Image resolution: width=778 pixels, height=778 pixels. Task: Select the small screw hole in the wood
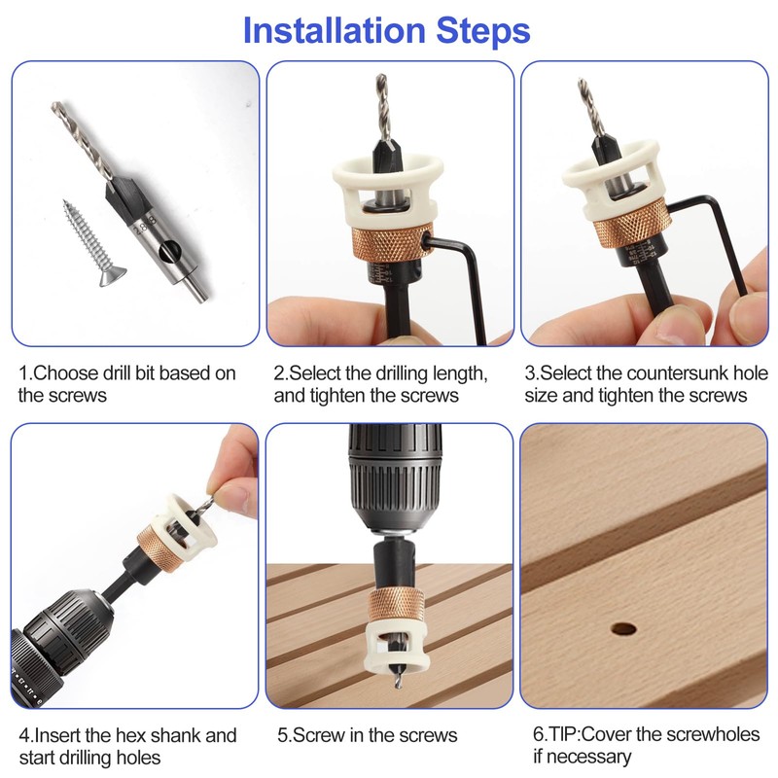coord(624,628)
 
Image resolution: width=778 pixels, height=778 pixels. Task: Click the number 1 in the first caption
coord(24,373)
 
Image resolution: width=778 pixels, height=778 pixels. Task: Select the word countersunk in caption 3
coord(669,373)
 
